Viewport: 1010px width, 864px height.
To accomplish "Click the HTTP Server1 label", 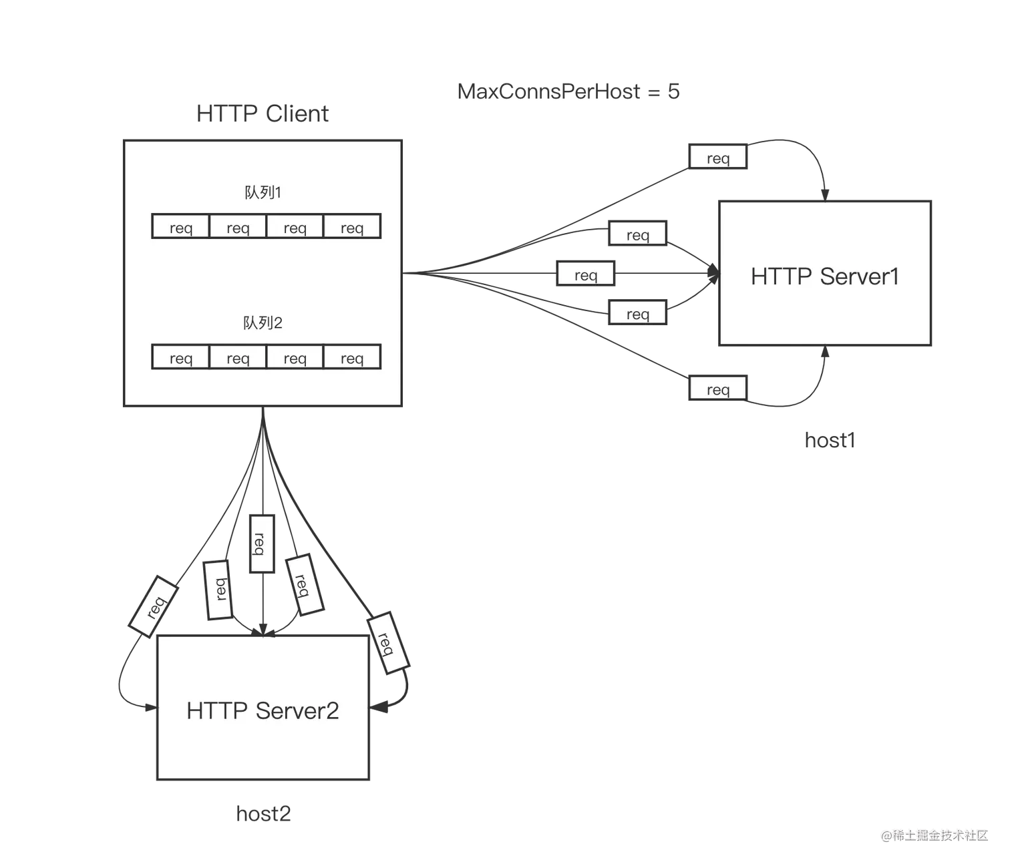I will click(x=824, y=276).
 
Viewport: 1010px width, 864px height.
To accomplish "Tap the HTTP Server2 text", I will click(x=263, y=710).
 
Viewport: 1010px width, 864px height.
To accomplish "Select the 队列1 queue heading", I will click(x=263, y=193).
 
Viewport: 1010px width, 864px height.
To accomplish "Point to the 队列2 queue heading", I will click(x=263, y=323).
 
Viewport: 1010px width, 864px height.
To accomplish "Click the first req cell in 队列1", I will click(x=181, y=227).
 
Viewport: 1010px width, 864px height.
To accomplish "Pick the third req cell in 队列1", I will click(x=295, y=227).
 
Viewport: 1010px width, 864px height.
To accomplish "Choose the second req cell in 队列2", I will click(x=238, y=357).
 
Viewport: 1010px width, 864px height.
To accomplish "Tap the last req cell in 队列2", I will click(x=352, y=357).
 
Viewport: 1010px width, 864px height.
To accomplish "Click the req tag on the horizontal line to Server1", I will click(x=586, y=275).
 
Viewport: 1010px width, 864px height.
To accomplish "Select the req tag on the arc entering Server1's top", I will click(x=718, y=158).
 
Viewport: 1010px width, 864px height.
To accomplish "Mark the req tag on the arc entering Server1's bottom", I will click(x=718, y=389).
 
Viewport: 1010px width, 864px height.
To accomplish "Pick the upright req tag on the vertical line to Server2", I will click(x=261, y=544).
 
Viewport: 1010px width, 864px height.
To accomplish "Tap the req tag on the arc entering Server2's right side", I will click(x=387, y=642).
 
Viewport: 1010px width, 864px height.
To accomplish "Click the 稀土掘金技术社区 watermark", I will click(x=934, y=835).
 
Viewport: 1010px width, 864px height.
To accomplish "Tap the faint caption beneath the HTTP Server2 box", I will click(x=265, y=813).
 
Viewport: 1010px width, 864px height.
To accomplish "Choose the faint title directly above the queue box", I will click(x=262, y=114).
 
